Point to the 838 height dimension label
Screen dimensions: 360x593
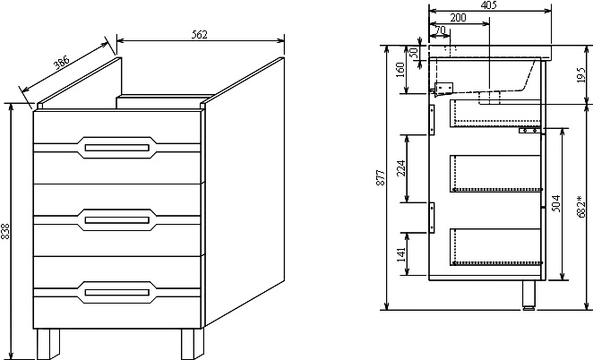pyautogui.click(x=6, y=231)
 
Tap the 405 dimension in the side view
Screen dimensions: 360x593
pyautogui.click(x=489, y=5)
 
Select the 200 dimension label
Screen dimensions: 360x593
pyautogui.click(x=458, y=18)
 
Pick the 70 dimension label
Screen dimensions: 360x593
pyautogui.click(x=439, y=30)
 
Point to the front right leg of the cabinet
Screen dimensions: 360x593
pyautogui.click(x=191, y=343)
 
